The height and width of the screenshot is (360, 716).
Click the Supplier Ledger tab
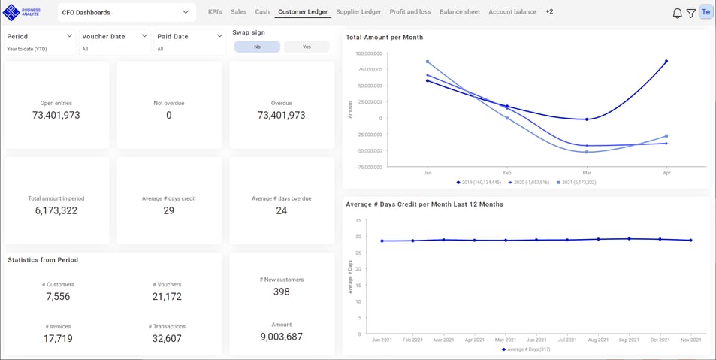[x=358, y=12]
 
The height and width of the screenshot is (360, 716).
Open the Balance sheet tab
[x=460, y=12]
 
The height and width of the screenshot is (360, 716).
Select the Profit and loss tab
[x=410, y=12]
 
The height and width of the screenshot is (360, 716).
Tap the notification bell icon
[x=677, y=13]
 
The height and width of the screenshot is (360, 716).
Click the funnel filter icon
[x=690, y=13]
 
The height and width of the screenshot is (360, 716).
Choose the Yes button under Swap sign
[x=307, y=47]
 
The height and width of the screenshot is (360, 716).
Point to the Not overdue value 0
[x=168, y=116]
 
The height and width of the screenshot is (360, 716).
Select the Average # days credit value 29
[x=168, y=211]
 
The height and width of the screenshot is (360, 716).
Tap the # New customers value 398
[x=281, y=292]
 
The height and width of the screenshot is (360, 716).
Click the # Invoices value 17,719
[x=58, y=339]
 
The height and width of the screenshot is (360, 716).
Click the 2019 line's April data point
[x=666, y=62]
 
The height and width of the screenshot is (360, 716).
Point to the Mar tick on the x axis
[x=586, y=172]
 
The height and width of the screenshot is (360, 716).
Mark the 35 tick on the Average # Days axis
[x=358, y=221]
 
